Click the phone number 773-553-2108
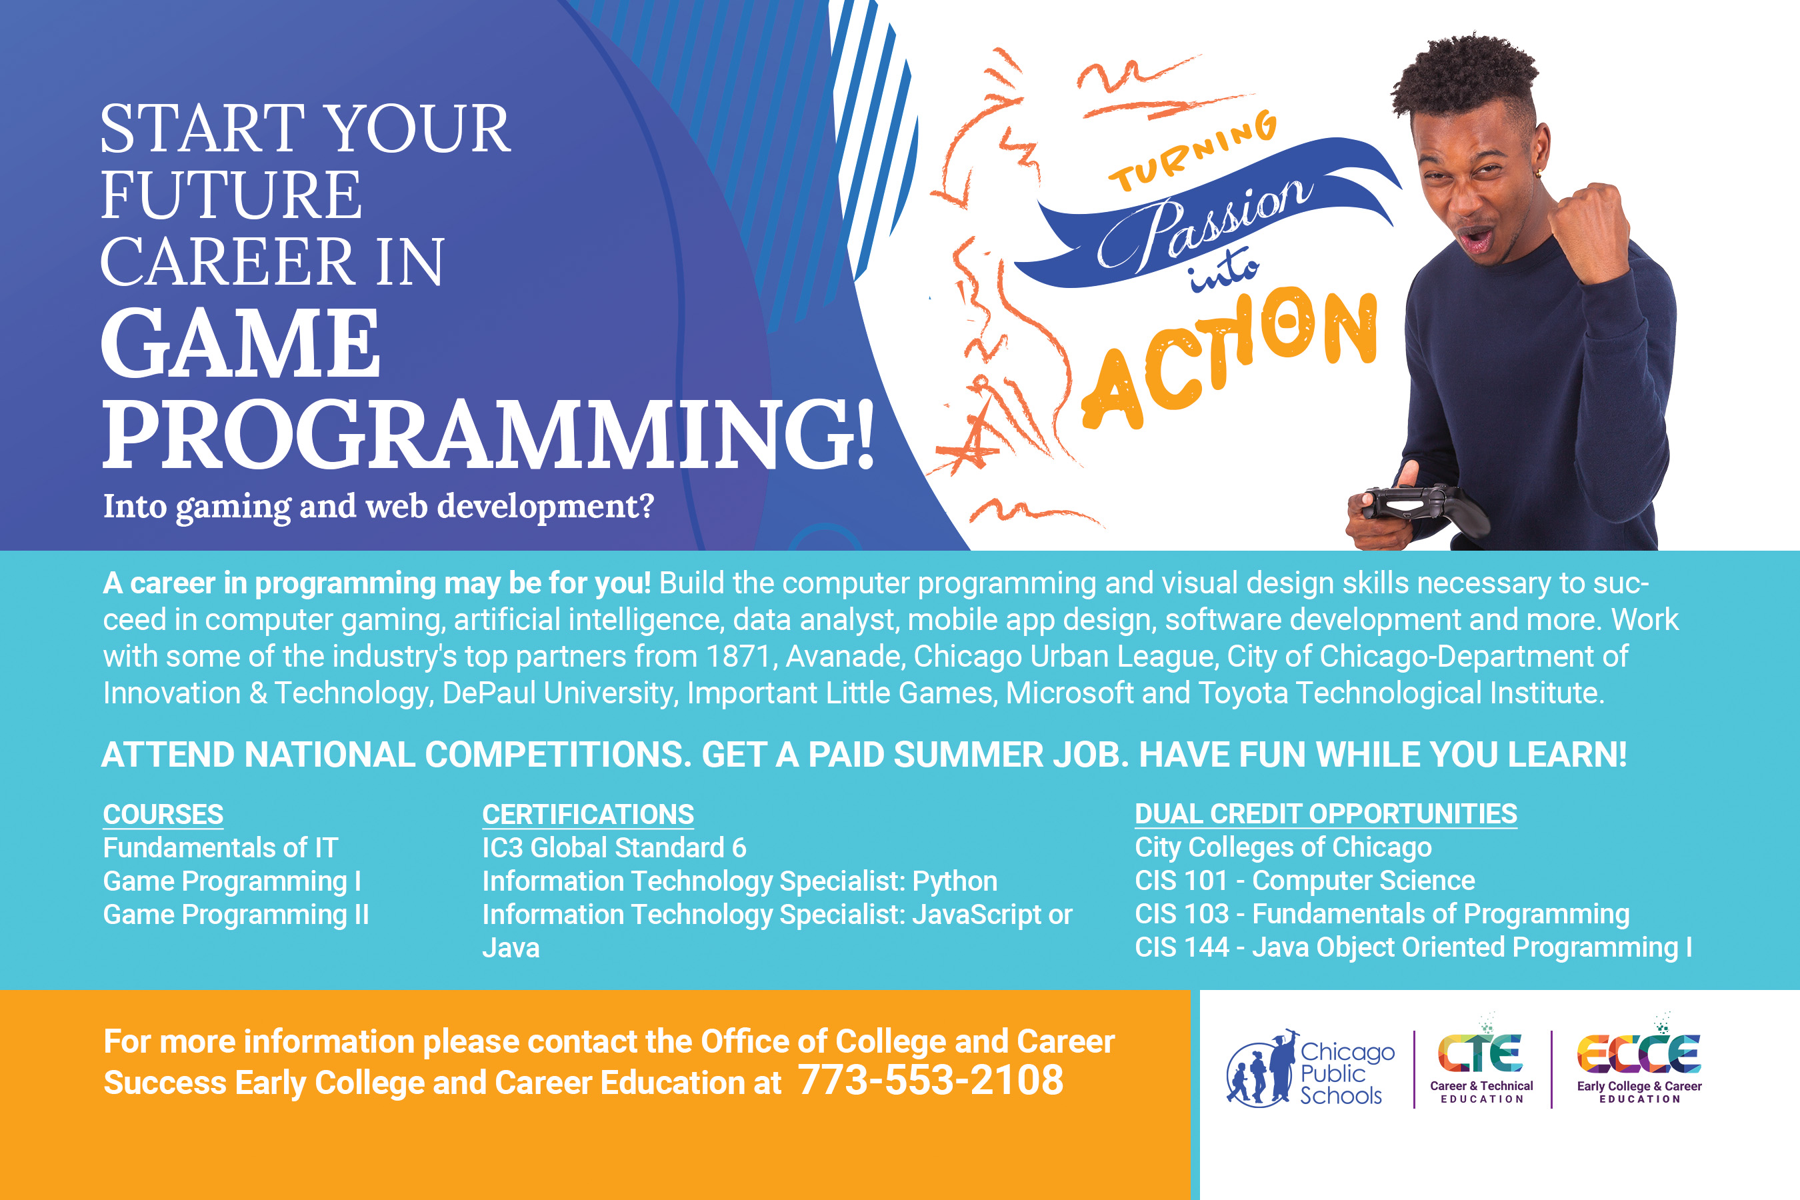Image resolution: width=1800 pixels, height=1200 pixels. [x=931, y=1080]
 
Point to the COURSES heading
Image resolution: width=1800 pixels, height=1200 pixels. [x=163, y=814]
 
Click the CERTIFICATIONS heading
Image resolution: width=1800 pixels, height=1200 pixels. [x=588, y=814]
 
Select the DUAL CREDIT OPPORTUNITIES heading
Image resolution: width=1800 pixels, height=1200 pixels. [x=1325, y=813]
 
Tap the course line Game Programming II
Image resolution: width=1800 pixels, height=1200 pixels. [x=236, y=915]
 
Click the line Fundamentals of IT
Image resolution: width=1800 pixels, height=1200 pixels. [x=221, y=848]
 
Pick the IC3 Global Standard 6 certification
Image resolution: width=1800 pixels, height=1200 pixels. [x=614, y=848]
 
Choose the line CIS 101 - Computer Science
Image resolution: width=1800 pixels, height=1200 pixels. [x=1305, y=881]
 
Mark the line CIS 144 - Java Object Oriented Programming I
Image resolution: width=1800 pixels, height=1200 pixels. [x=1413, y=947]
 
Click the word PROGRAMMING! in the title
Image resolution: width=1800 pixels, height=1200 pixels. [x=488, y=433]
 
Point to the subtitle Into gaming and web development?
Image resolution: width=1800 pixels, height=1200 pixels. [x=379, y=507]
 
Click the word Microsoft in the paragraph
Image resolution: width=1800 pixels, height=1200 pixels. [x=1069, y=693]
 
